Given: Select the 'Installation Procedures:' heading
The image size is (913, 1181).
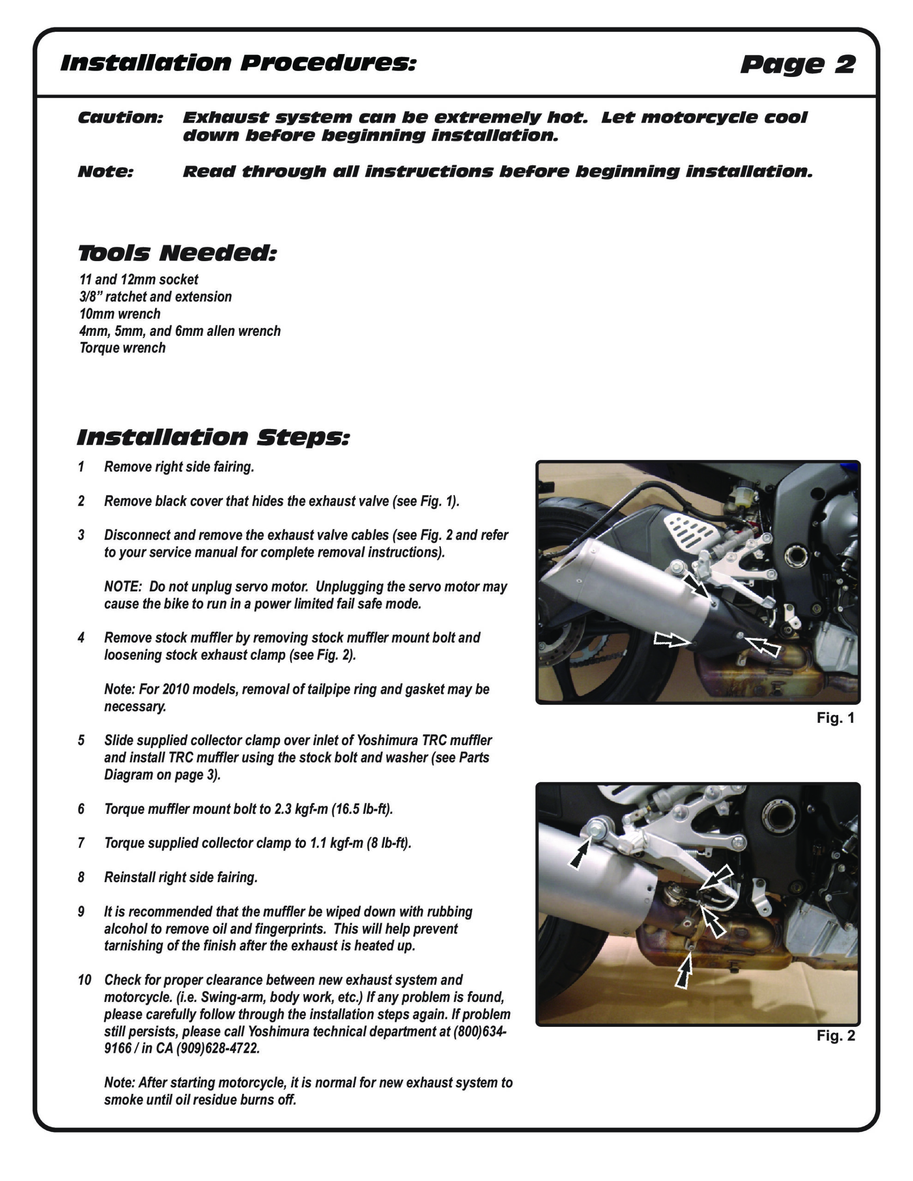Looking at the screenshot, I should tap(238, 63).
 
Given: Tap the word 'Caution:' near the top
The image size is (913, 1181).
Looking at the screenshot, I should tap(120, 117).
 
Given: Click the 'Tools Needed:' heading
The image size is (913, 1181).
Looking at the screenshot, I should tap(177, 253).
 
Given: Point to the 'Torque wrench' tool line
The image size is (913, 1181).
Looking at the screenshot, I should tap(122, 348).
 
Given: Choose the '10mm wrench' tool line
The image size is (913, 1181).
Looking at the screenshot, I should tap(120, 314).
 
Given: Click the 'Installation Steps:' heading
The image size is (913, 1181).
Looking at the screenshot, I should tap(213, 437).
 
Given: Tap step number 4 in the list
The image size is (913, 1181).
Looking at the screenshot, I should tap(81, 638).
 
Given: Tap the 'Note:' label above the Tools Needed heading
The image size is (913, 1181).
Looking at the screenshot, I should tap(106, 172).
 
